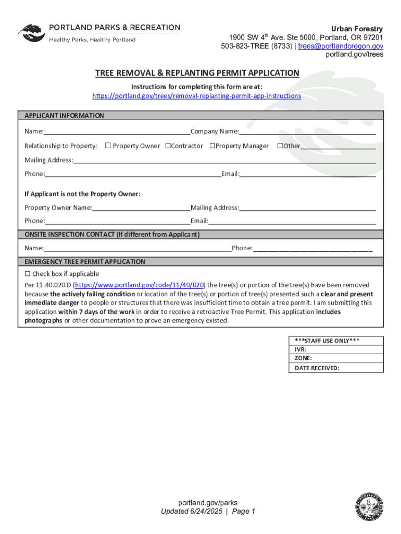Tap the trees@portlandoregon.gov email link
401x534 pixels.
[x=341, y=46]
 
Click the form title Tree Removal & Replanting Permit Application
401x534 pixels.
[x=197, y=73]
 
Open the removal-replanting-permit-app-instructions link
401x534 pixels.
[x=197, y=96]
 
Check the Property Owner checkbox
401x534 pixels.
[x=108, y=146]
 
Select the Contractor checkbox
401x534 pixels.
[x=168, y=146]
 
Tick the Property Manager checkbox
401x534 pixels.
[x=212, y=146]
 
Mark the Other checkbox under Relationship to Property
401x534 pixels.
[x=280, y=146]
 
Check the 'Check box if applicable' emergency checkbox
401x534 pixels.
[x=28, y=274]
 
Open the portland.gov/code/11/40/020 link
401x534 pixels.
[x=140, y=285]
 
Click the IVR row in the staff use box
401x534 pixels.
[x=336, y=350]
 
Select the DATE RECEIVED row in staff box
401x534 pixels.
[x=336, y=368]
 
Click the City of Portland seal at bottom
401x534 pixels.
[x=368, y=506]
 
